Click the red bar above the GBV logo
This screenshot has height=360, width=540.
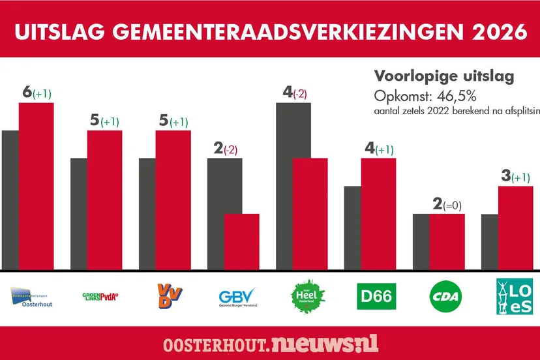(241, 241)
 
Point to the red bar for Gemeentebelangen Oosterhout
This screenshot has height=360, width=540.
(36, 186)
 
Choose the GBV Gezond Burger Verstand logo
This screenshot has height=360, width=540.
(238, 298)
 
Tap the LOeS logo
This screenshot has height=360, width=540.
(515, 297)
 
